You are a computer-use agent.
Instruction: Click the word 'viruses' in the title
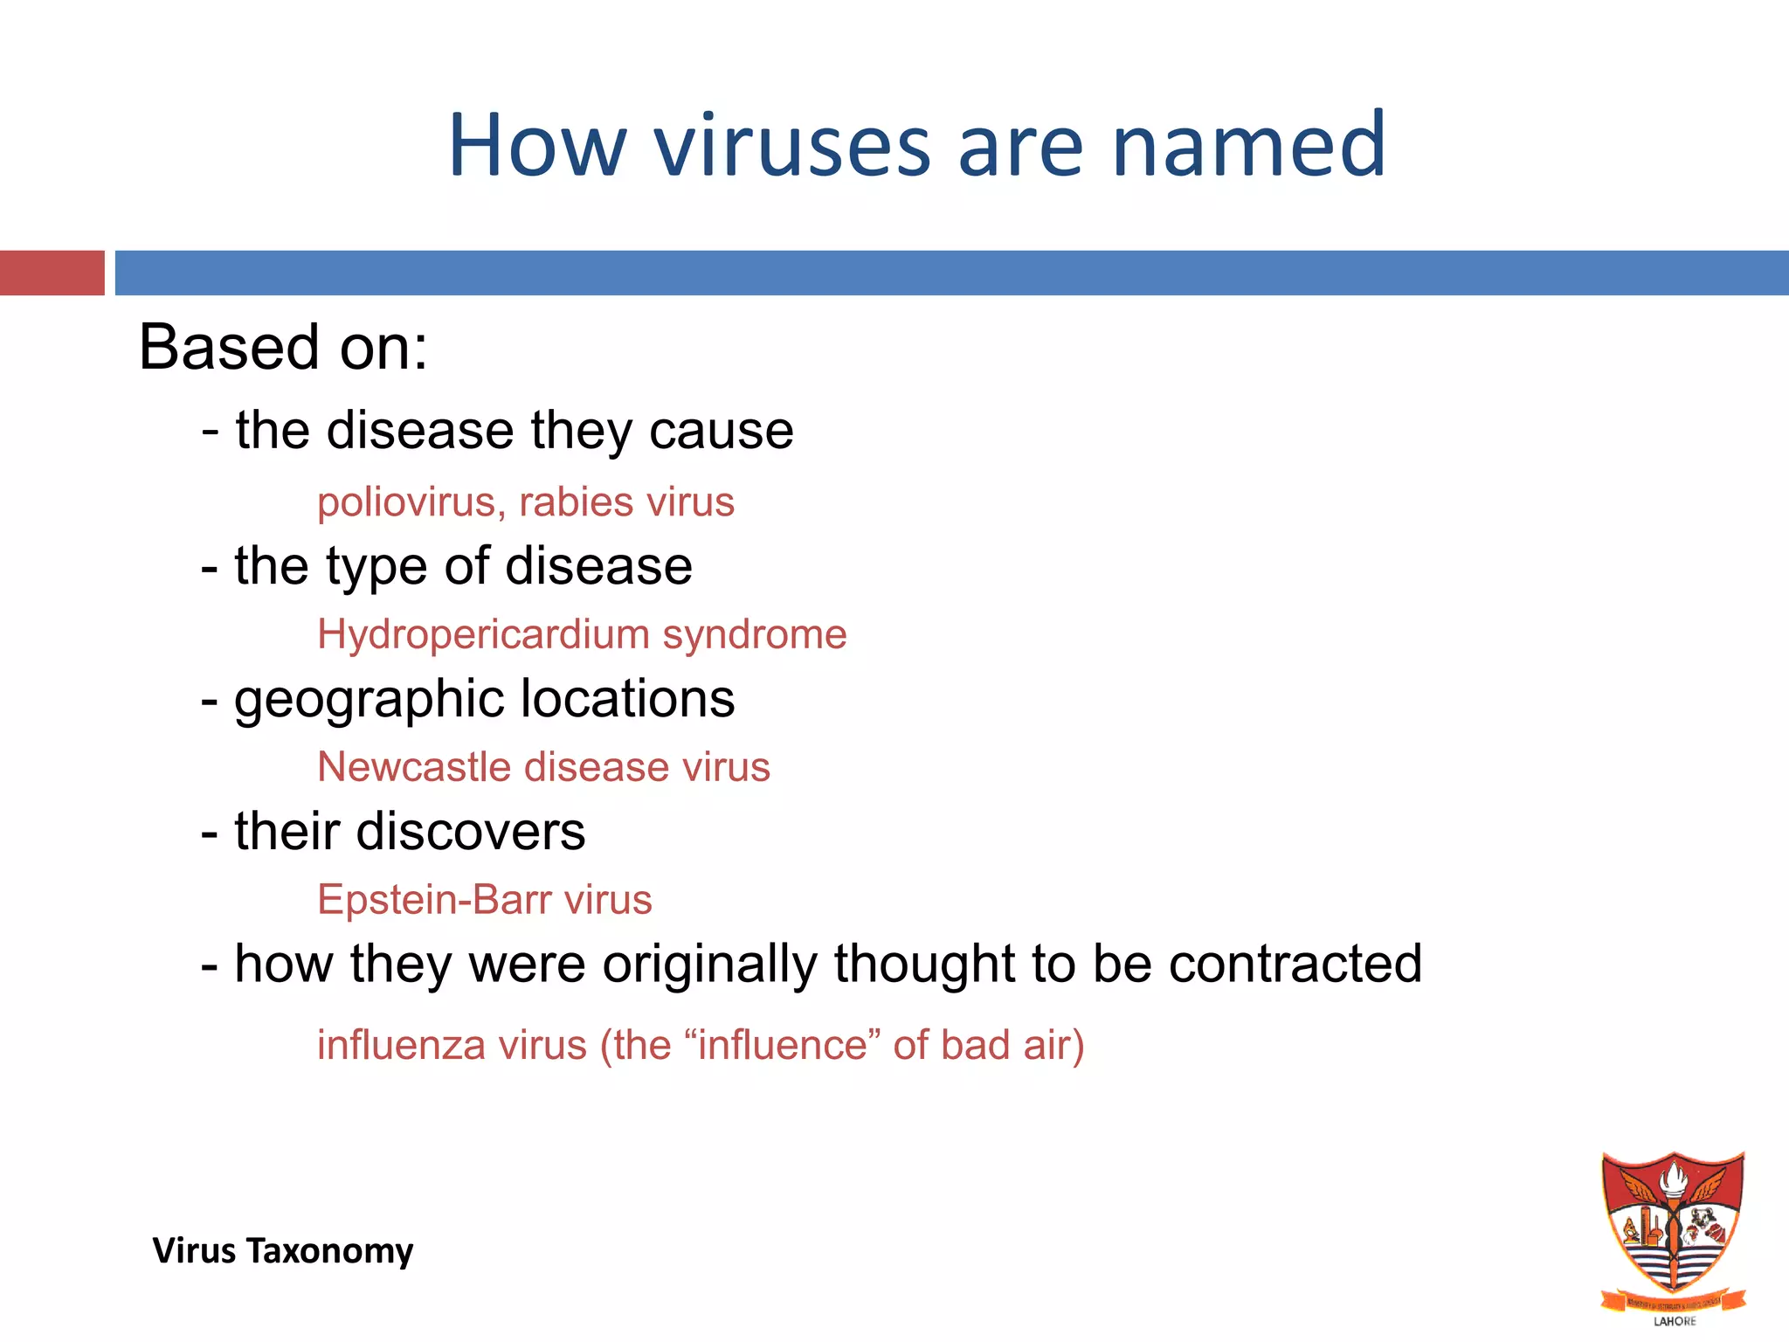791,145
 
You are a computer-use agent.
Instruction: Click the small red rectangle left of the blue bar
52,273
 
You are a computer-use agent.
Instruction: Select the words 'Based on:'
283,348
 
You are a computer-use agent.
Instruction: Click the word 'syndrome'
755,635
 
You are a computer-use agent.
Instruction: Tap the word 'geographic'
370,699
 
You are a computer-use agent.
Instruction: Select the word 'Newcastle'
414,768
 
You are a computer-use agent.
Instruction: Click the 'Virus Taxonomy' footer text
283,1251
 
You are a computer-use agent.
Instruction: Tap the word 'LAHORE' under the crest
1675,1321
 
